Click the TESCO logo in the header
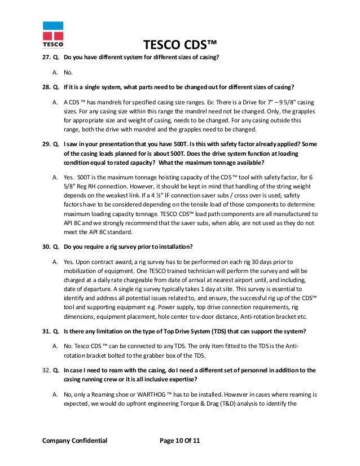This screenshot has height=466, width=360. pos(53,35)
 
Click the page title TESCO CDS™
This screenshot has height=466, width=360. pos(180,45)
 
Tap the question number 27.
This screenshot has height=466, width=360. pos(46,58)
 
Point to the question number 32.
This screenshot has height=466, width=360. pos(46,370)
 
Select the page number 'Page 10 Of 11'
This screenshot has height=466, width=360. pos(180,441)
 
